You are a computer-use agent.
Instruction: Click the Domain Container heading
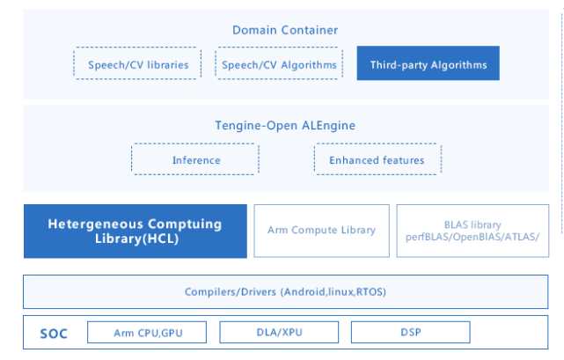[x=285, y=30]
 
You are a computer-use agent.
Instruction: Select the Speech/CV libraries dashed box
[x=136, y=64]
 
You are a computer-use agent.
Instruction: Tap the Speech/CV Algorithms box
[x=277, y=64]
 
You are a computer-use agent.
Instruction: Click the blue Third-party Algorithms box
[x=428, y=64]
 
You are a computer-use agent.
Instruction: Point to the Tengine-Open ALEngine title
[x=285, y=126]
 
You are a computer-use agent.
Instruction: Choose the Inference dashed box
[x=196, y=159]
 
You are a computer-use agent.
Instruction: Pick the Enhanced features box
[x=377, y=159]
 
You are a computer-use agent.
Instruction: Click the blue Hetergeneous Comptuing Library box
[x=135, y=231]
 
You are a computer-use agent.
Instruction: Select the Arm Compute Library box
[x=321, y=231]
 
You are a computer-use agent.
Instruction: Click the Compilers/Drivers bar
[x=285, y=291]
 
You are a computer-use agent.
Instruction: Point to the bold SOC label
[x=55, y=333]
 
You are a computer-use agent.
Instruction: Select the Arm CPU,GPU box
[x=148, y=333]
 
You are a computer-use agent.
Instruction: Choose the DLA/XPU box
[x=277, y=333]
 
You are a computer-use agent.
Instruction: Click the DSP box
[x=411, y=333]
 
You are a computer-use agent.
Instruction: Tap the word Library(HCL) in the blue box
[x=135, y=240]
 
